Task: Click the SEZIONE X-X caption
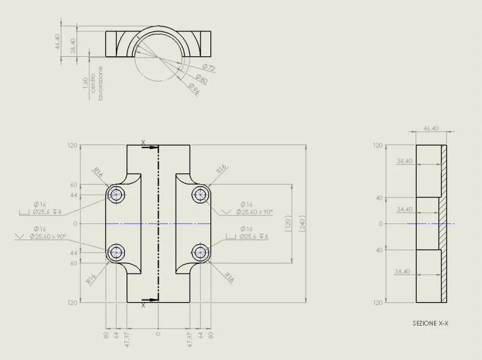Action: [430, 323]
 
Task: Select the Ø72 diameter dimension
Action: [209, 67]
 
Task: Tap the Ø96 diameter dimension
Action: [194, 88]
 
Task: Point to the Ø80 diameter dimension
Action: [202, 79]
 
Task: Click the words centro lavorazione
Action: [97, 83]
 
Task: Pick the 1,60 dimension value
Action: [85, 84]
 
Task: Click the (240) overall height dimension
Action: [302, 223]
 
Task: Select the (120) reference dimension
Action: [288, 223]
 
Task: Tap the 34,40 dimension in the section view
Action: [404, 209]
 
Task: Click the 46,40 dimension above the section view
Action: [431, 128]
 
